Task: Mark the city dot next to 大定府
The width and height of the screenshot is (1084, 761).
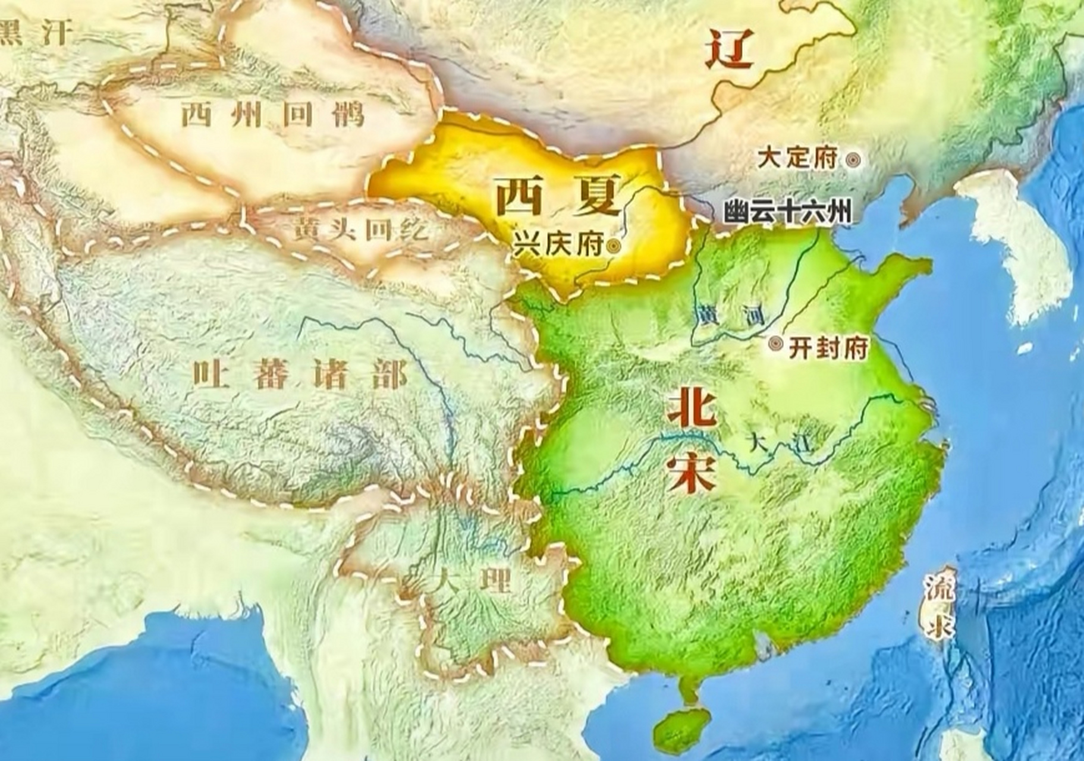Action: pyautogui.click(x=853, y=159)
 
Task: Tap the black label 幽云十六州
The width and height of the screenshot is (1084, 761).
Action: pyautogui.click(x=787, y=212)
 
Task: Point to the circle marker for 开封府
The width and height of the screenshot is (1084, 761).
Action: pyautogui.click(x=775, y=344)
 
